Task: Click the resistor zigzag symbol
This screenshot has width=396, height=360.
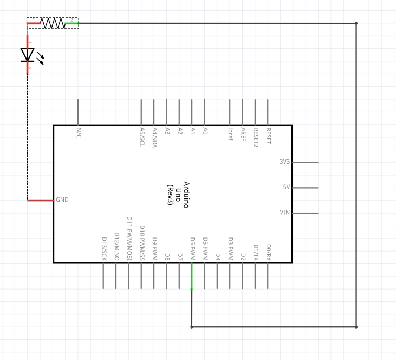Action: (53, 23)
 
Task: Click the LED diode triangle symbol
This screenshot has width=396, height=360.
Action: (28, 55)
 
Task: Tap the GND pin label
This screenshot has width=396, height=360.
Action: (62, 200)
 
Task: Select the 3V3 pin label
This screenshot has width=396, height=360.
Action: (284, 162)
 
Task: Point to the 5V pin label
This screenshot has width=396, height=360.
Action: (286, 188)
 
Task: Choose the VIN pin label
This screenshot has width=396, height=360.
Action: (285, 213)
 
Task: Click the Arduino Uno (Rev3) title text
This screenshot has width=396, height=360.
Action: (178, 195)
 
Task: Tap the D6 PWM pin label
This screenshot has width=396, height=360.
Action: (192, 249)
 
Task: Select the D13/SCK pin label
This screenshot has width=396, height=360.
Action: (103, 249)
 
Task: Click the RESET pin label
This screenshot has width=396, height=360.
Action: (268, 136)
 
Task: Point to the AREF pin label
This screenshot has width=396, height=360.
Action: (243, 134)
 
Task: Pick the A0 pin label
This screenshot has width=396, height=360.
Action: (205, 131)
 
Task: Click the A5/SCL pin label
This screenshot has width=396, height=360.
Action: (141, 137)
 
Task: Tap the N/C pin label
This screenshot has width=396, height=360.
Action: (78, 133)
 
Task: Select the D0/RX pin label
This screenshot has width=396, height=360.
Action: (268, 252)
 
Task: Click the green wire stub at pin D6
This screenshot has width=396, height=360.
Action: (192, 276)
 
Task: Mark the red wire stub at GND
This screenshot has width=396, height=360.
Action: (41, 200)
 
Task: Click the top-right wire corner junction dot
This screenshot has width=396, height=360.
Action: (356, 23)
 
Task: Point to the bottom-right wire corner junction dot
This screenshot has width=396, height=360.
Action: (356, 327)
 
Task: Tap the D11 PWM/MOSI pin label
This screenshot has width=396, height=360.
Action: (129, 239)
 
